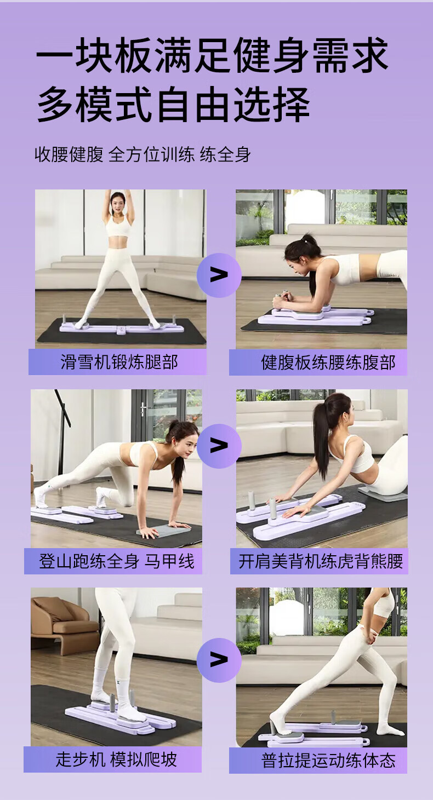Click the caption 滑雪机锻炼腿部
click(119, 362)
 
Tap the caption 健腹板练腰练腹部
click(328, 362)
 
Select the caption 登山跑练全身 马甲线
click(117, 561)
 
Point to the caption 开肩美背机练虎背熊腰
click(321, 561)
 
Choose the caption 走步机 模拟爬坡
click(116, 759)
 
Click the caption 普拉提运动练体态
click(328, 759)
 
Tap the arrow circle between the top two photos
click(219, 275)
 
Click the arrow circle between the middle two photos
click(219, 446)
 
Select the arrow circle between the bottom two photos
click(219, 660)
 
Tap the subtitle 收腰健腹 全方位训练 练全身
click(143, 154)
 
